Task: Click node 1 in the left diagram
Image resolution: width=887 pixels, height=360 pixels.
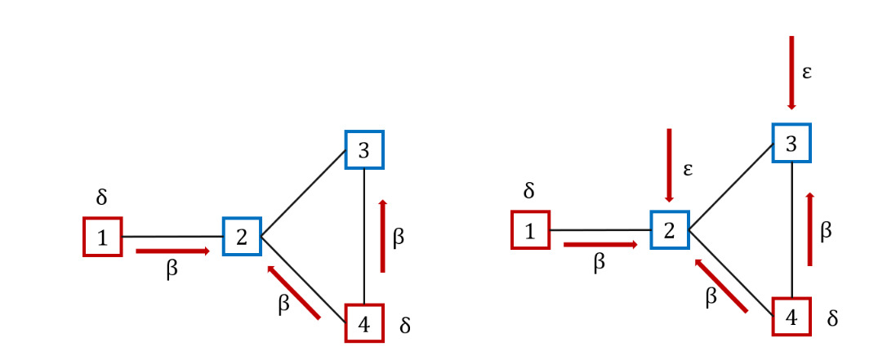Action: click(x=102, y=237)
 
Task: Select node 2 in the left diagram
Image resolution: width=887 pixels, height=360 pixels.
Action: click(x=241, y=237)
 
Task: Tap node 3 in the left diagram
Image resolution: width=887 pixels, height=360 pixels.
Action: click(x=364, y=149)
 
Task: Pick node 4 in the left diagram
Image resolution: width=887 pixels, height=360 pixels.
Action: click(x=364, y=324)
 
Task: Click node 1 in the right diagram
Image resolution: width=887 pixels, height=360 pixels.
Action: click(x=530, y=229)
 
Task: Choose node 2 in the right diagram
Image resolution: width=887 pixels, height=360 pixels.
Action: click(x=670, y=229)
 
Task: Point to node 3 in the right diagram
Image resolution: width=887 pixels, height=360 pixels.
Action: click(x=791, y=142)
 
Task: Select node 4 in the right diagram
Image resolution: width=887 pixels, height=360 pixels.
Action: click(x=791, y=316)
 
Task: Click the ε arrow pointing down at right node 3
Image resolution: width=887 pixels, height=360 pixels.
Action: click(x=791, y=72)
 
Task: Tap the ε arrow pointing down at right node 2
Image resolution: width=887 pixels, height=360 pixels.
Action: click(x=670, y=165)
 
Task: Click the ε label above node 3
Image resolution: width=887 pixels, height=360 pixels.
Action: click(x=807, y=71)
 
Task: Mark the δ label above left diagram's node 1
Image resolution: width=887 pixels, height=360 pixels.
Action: click(x=101, y=197)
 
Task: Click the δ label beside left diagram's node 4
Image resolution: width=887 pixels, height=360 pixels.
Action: click(x=405, y=326)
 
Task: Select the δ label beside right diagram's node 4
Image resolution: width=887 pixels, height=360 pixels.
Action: click(x=832, y=318)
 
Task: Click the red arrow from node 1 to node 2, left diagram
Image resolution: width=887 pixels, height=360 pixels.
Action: click(x=172, y=251)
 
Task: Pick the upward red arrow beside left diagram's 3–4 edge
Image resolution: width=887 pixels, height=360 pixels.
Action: click(x=382, y=235)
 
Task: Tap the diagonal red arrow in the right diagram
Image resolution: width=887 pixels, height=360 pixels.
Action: click(x=720, y=285)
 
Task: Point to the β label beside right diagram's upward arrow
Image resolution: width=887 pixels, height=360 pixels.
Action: click(x=826, y=231)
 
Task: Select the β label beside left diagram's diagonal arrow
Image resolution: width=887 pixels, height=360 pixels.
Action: click(x=283, y=304)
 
